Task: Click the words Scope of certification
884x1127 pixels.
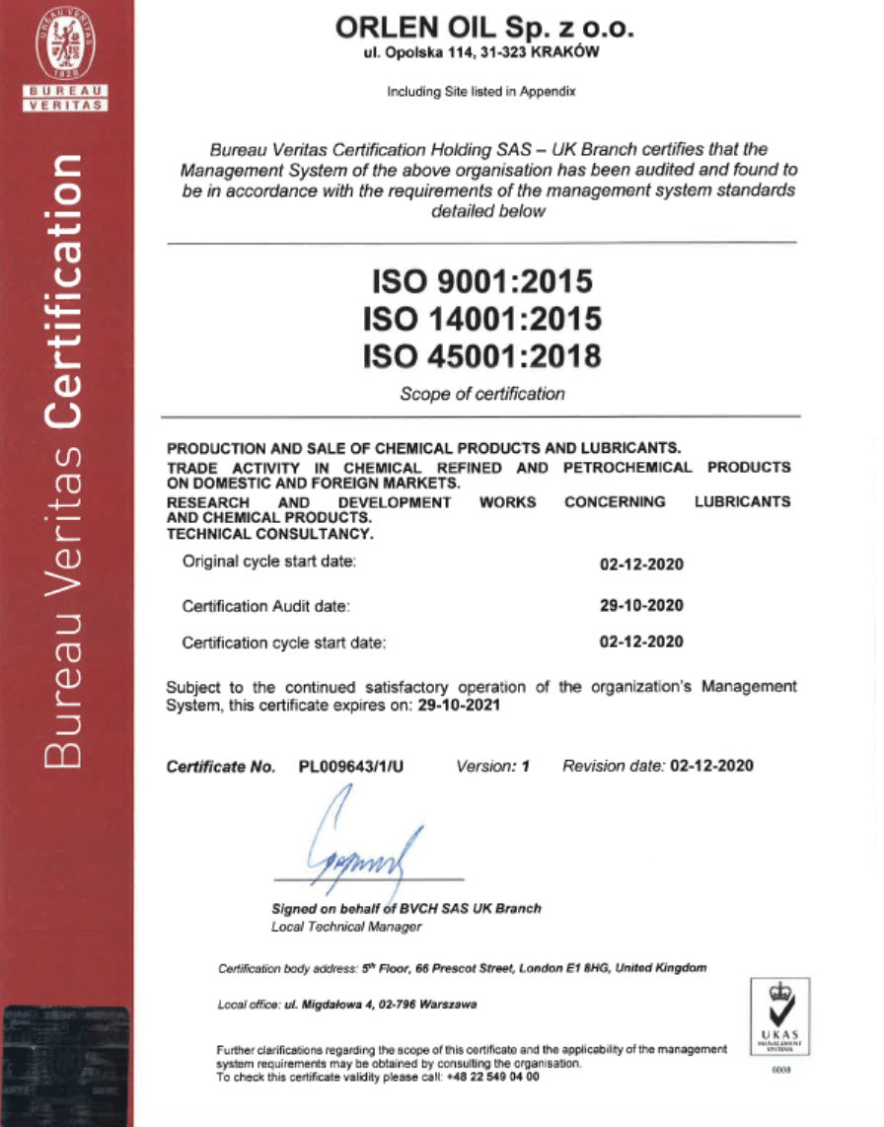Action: click(481, 394)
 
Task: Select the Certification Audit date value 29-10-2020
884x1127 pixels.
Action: click(641, 605)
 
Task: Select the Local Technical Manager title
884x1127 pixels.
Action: click(345, 927)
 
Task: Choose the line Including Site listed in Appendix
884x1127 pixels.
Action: click(480, 92)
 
